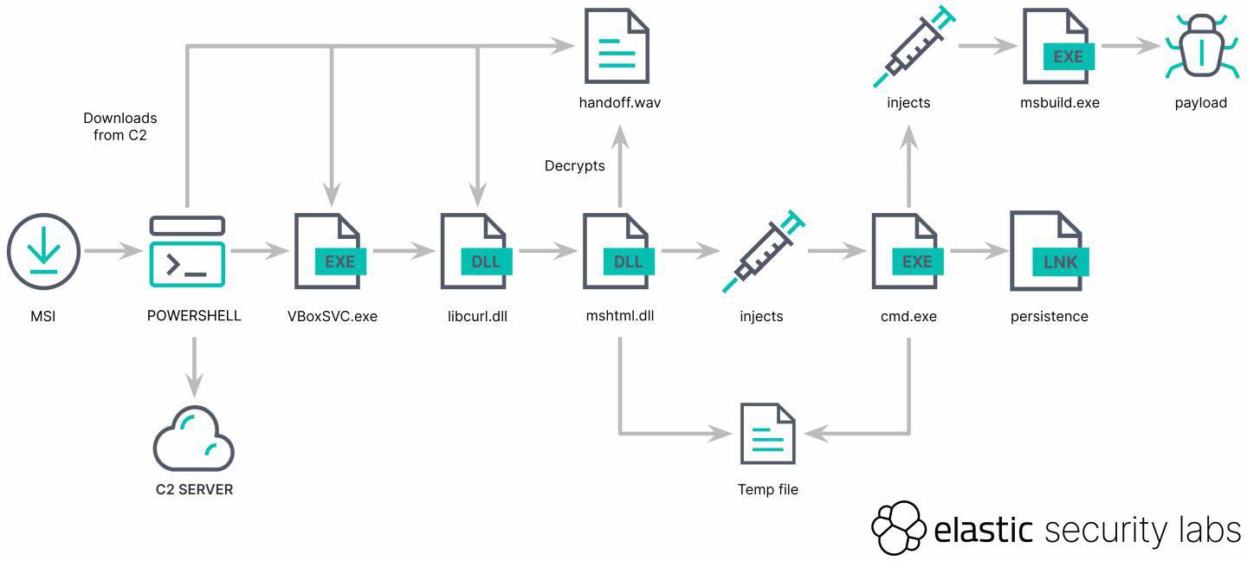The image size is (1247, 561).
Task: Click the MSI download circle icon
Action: point(43,252)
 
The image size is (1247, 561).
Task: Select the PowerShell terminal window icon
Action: point(187,252)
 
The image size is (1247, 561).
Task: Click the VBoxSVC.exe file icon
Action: point(329,252)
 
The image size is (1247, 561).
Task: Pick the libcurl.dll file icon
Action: point(475,252)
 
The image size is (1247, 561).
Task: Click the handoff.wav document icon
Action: point(617,46)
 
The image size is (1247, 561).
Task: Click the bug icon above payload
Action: point(1200,48)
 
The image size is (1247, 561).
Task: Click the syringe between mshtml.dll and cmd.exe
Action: point(762,252)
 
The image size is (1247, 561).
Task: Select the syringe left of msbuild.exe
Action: point(909,48)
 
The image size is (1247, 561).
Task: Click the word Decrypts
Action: point(574,165)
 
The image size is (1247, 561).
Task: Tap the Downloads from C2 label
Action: point(120,126)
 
